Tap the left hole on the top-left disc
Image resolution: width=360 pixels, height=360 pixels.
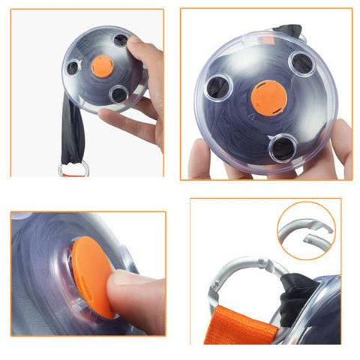click(x=73, y=67)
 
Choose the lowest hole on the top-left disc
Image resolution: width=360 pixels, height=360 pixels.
click(x=117, y=94)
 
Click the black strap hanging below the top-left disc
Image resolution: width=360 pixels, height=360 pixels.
click(x=73, y=135)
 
